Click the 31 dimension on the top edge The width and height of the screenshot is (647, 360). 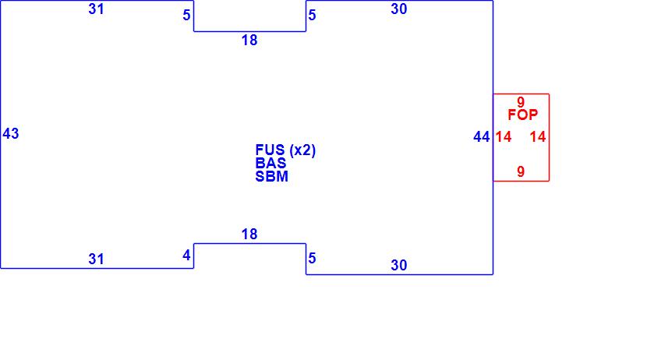coord(96,9)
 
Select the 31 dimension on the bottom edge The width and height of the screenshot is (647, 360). coord(96,259)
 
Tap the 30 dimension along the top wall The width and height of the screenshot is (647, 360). coord(398,9)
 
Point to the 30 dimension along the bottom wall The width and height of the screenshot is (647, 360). coord(398,265)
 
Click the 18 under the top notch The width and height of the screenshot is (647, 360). coord(249,41)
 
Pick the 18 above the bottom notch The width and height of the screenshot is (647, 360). coord(249,234)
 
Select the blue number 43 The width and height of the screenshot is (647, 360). coord(11,133)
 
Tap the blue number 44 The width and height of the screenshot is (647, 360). coord(482,137)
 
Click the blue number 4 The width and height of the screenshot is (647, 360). coord(186,255)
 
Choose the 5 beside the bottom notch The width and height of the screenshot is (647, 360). coord(312,258)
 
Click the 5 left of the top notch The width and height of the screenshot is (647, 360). coord(186,15)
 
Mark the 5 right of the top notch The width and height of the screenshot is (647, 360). coord(312,15)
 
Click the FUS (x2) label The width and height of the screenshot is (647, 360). coord(285,150)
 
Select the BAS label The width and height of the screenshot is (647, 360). coord(270,164)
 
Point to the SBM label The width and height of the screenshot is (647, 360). coord(271,176)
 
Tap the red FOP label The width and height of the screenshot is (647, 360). coord(522,115)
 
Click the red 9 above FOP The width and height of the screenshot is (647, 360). coord(521,101)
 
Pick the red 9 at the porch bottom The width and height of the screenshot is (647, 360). coord(521,171)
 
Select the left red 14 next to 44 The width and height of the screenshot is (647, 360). coord(504,137)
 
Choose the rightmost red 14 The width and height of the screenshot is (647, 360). coord(538,137)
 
